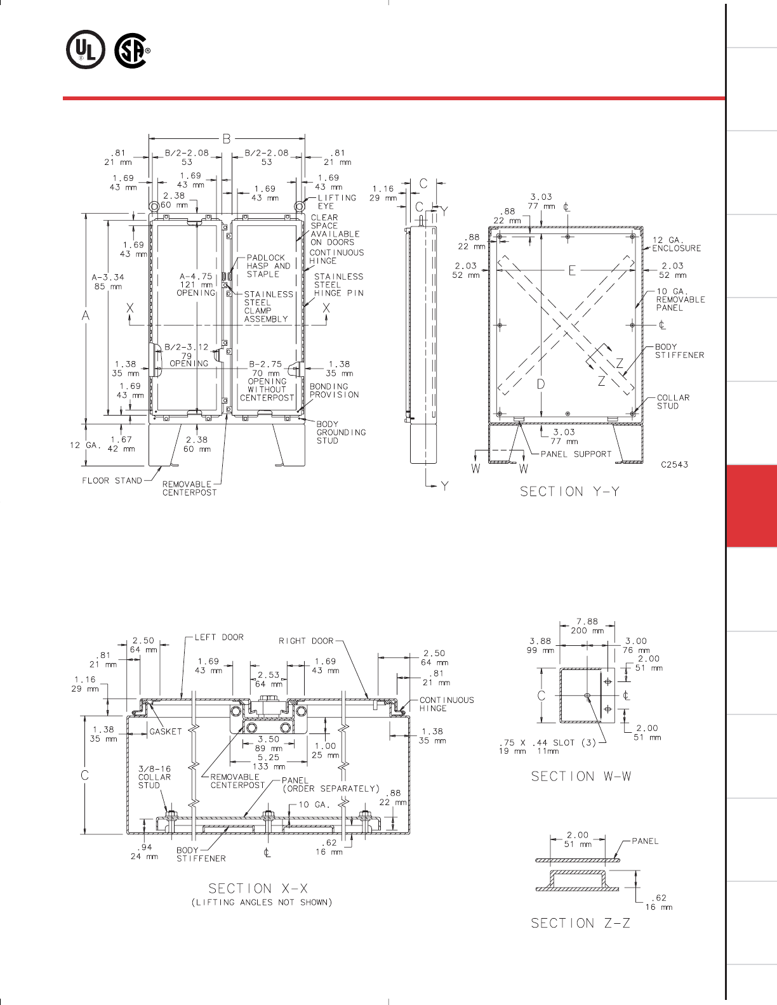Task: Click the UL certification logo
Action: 86,50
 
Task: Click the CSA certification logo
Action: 132,50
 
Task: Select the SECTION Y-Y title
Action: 569,492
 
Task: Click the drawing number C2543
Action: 674,465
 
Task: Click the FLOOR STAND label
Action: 112,480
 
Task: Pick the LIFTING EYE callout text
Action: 336,202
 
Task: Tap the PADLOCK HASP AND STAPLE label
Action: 269,266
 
